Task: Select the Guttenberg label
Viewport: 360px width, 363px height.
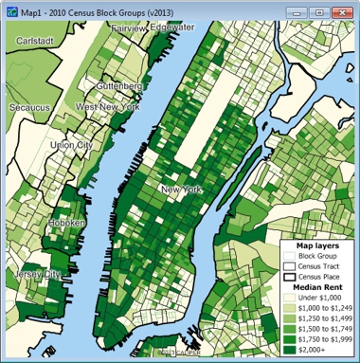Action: coord(118,85)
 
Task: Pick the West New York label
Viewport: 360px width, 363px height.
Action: coord(108,107)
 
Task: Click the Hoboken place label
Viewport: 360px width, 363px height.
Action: coord(67,222)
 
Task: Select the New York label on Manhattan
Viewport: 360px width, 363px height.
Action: coord(182,191)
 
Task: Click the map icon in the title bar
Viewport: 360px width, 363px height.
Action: coord(12,10)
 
